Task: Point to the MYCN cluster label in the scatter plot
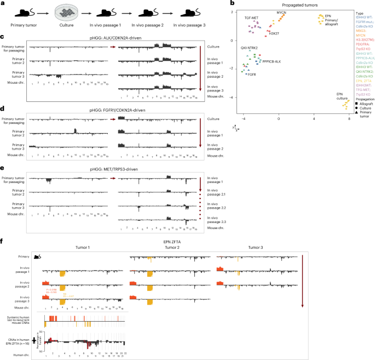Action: (281, 12)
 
